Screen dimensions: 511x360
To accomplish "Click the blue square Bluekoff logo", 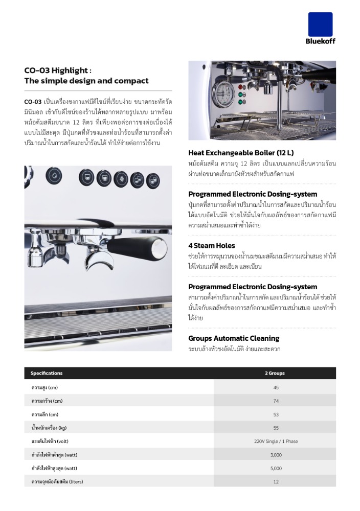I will tap(320, 24).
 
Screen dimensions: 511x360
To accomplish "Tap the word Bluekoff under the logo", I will tap(321, 41).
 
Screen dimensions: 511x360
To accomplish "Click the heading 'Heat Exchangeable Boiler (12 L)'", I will tap(241, 153).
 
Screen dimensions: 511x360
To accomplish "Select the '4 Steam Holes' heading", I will tap(212, 245).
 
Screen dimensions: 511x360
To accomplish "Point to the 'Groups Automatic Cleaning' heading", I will tap(234, 338).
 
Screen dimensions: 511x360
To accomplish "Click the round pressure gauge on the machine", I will tap(224, 91).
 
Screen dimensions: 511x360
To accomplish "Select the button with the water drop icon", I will tap(54, 176).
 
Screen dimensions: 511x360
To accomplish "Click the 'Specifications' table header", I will tap(46, 373).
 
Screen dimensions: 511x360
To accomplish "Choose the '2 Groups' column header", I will tap(275, 373).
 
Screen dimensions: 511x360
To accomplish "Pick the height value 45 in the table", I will tap(276, 387).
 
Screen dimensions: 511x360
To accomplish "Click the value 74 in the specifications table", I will tap(276, 401).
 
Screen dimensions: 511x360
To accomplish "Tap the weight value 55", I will tap(276, 428).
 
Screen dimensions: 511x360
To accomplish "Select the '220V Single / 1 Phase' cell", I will tap(276, 441).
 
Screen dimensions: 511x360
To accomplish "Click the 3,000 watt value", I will tap(276, 454).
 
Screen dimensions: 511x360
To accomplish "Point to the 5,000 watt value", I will tap(276, 468).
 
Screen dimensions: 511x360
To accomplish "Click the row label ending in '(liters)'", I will tap(57, 481).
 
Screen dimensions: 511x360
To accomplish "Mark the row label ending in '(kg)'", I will tap(49, 428).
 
